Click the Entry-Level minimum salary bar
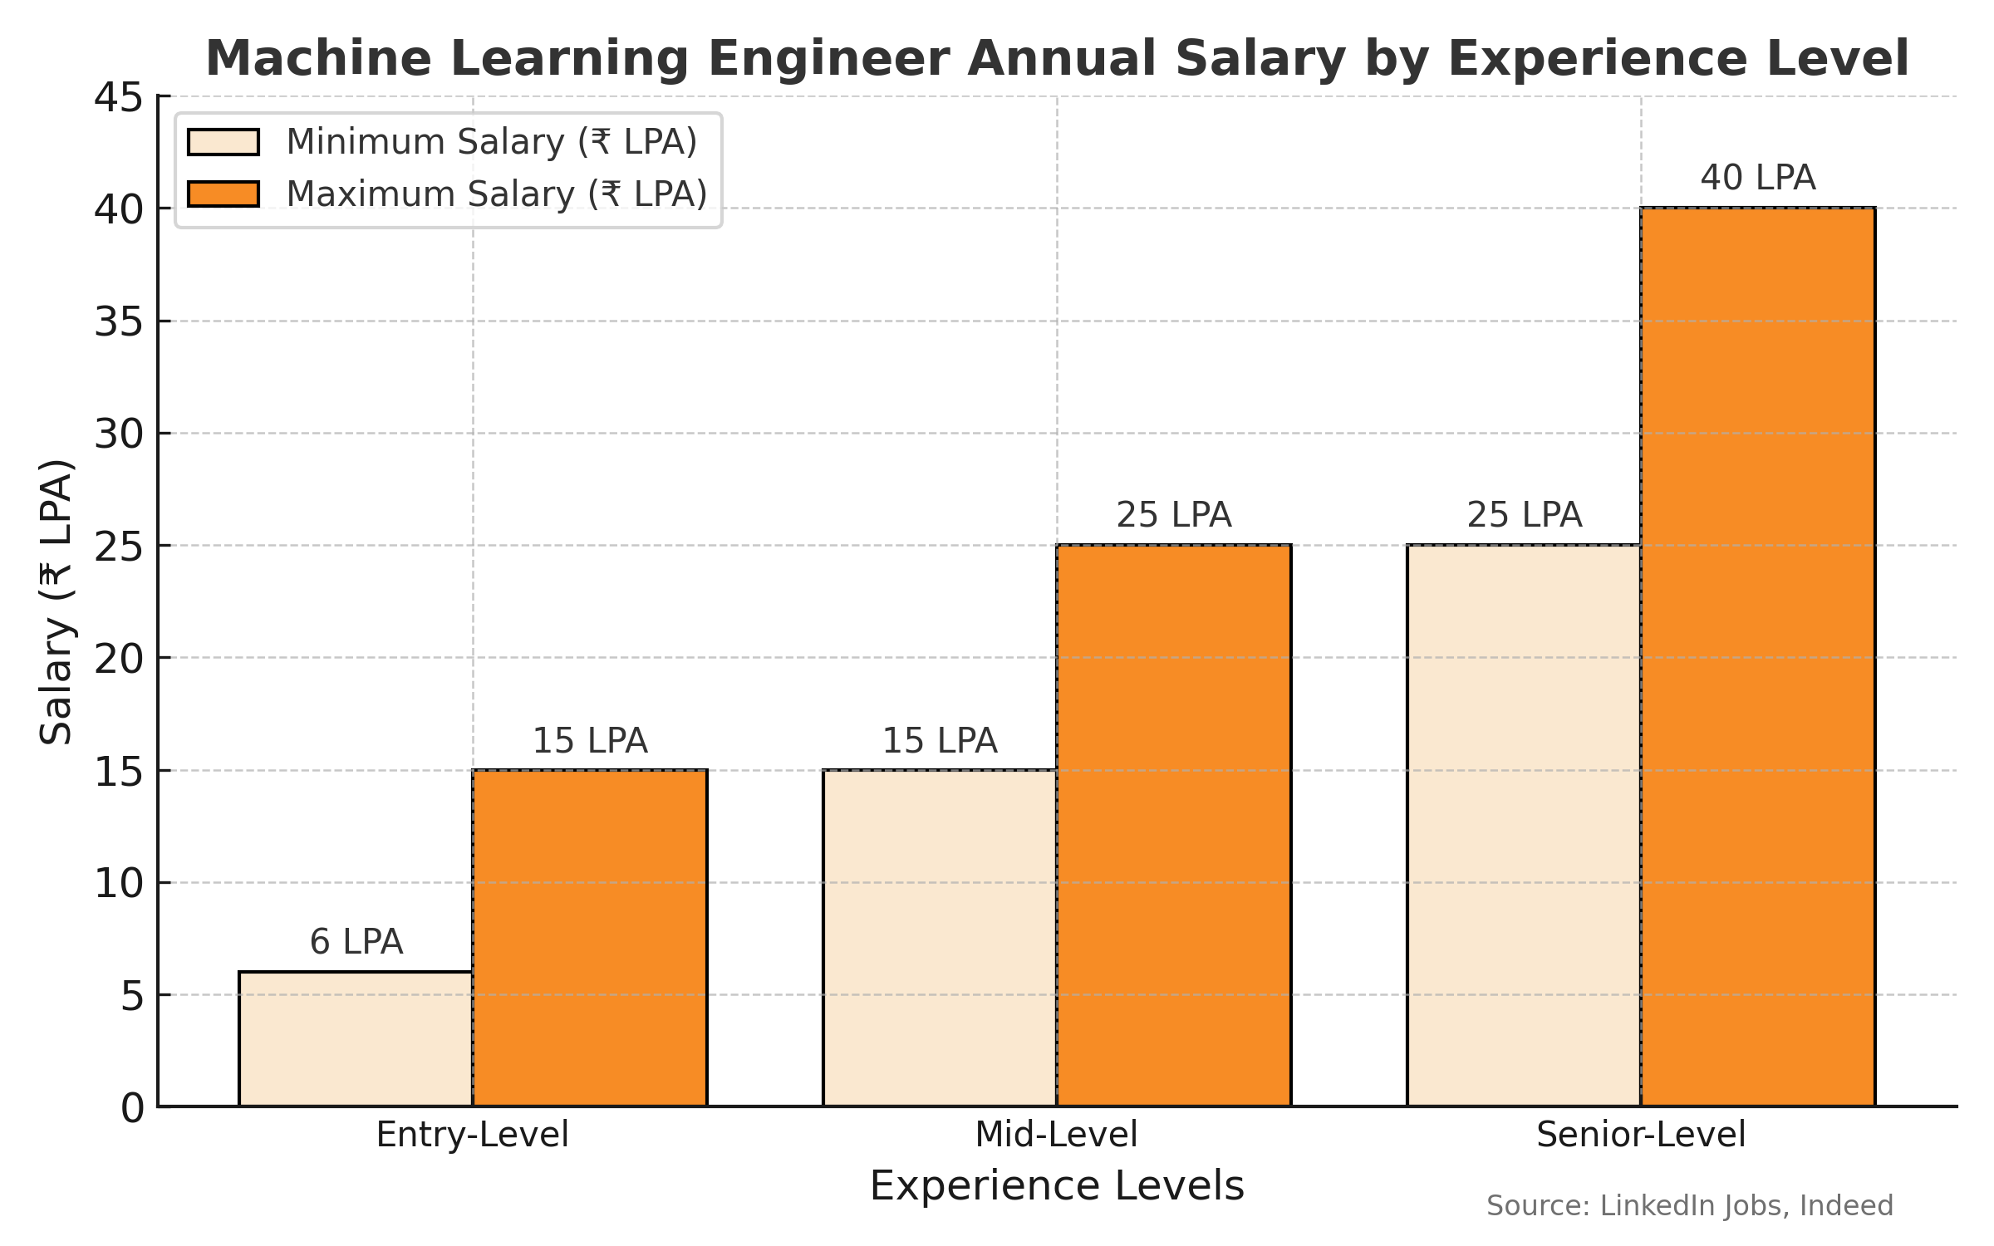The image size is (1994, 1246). pos(356,1038)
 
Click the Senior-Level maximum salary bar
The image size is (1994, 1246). pos(1758,656)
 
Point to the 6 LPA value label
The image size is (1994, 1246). pos(356,942)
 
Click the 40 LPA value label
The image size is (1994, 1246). pos(1758,178)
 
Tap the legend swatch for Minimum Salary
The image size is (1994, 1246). pos(223,142)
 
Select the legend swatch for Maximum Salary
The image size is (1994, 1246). pos(223,194)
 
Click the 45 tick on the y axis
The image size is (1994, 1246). pos(119,98)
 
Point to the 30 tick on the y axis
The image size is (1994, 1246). pos(119,434)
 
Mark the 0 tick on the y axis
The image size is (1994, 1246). pos(133,1108)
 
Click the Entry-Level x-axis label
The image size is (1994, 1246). pos(472,1135)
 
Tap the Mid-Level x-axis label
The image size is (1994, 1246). pos(1056,1135)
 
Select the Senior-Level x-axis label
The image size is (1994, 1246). pos(1641,1135)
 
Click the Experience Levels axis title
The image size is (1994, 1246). pos(1057,1186)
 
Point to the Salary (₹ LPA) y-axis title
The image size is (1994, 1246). pos(56,601)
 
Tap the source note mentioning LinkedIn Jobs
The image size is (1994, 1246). pos(1689,1205)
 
